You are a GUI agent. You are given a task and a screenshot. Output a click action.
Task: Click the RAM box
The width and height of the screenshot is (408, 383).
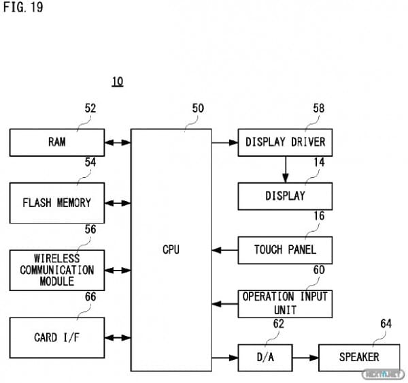[x=57, y=142]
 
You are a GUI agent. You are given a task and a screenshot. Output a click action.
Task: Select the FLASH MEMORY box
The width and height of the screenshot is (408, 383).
[x=57, y=202]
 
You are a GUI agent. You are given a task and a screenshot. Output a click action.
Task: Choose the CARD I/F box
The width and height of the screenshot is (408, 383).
[x=57, y=337]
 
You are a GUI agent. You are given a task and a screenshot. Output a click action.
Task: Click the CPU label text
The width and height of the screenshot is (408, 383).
[x=171, y=250]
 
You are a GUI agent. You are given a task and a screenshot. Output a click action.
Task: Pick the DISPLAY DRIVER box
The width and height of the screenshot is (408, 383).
[x=285, y=142]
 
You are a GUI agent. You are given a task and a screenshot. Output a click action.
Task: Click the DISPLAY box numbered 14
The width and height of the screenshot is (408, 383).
[x=285, y=196]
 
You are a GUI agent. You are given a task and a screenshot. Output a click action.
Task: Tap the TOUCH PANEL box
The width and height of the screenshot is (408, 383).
[x=285, y=249]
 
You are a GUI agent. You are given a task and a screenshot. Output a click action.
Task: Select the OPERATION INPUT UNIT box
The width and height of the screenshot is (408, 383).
[x=285, y=303]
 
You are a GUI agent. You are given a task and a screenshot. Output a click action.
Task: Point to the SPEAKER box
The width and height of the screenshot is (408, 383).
[x=359, y=357]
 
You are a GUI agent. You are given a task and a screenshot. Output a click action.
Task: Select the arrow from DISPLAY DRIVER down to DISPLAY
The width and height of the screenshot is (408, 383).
[x=285, y=169]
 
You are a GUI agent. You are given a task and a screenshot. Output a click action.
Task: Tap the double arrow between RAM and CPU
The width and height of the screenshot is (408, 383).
[x=118, y=142]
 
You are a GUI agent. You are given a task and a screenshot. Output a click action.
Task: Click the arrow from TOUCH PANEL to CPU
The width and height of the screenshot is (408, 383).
[x=224, y=249]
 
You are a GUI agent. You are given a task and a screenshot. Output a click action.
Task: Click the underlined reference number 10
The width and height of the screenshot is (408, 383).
[x=118, y=82]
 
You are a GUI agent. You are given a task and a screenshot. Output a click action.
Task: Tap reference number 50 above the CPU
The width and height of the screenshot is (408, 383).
[x=198, y=108]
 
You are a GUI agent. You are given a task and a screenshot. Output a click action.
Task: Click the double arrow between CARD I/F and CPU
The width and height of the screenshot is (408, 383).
[x=118, y=337]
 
